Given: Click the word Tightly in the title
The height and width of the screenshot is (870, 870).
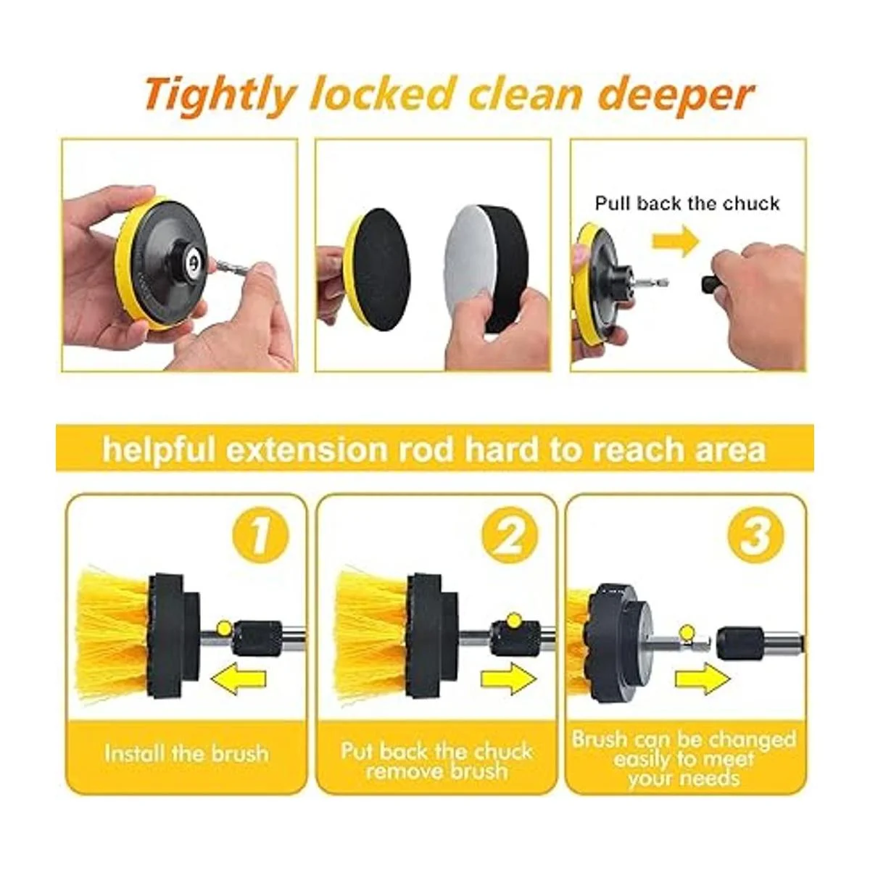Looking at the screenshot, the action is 219,96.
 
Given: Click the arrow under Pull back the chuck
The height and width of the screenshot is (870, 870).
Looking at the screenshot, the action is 676,241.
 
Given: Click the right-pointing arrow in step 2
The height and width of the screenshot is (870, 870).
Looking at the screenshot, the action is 508,679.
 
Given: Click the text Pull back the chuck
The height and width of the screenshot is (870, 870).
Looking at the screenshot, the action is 687,204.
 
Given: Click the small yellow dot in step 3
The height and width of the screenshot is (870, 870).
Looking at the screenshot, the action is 687,631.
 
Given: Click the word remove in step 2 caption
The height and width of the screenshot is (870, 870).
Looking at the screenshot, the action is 403,771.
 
